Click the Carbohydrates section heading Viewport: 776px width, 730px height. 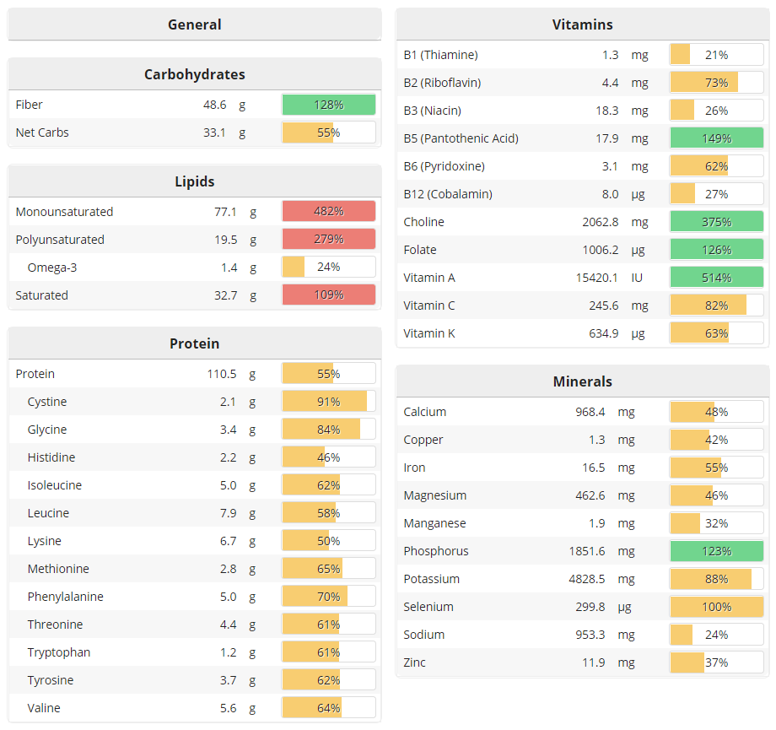tap(194, 74)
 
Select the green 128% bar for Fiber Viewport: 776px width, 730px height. tap(329, 105)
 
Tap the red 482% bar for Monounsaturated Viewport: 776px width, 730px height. tap(329, 212)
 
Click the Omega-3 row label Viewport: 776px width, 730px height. tap(52, 268)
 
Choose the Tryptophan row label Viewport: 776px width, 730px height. tap(59, 652)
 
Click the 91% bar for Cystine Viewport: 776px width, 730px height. tap(329, 402)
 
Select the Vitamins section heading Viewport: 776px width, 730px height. tap(582, 24)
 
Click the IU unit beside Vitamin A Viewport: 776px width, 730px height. tap(638, 278)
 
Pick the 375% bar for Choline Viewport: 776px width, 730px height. tap(717, 222)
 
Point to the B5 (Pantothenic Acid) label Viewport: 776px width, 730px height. tap(461, 138)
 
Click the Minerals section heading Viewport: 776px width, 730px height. tap(582, 381)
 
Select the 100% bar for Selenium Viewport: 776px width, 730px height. tap(717, 607)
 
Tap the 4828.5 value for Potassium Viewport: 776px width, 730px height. tap(587, 579)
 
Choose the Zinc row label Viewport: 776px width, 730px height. tap(415, 662)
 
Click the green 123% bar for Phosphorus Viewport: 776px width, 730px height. tap(717, 551)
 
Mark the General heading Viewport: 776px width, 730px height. tap(194, 24)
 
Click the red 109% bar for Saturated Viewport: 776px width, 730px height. tap(329, 295)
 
